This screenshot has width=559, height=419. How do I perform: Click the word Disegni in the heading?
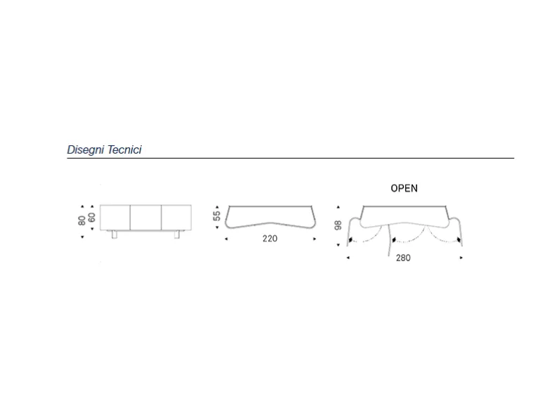tap(85, 150)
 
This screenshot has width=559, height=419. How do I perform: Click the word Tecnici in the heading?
tap(124, 149)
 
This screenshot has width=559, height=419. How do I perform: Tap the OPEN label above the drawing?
tap(404, 188)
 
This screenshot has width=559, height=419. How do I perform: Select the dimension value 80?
tap(81, 220)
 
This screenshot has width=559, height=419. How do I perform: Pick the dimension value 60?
tap(91, 218)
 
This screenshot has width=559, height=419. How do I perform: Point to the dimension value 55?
tap(217, 216)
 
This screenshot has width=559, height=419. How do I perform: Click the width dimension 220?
tap(270, 239)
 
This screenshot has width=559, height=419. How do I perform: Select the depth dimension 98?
tap(338, 225)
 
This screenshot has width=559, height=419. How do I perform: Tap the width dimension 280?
tap(403, 258)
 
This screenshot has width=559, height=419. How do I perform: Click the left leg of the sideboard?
tap(114, 234)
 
